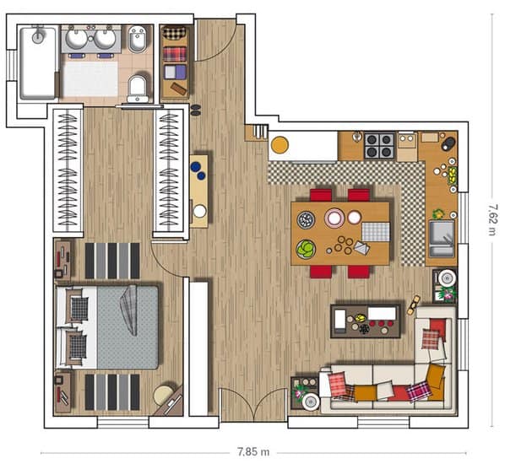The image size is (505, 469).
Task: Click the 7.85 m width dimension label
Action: click(x=253, y=451)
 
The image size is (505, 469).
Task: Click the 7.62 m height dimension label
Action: click(x=493, y=219)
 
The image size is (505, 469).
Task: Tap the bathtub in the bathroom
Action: click(x=38, y=63)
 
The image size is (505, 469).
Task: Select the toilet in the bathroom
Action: click(x=138, y=89)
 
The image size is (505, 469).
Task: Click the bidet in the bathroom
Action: click(x=138, y=40)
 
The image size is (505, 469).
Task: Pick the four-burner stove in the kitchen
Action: click(x=379, y=145)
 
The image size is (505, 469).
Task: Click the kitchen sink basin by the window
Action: click(x=442, y=239)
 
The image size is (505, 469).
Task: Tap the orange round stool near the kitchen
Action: click(x=280, y=145)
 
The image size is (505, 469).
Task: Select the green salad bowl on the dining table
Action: click(x=306, y=249)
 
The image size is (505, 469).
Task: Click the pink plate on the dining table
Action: click(x=334, y=218)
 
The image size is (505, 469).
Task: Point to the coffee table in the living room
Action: click(x=366, y=321)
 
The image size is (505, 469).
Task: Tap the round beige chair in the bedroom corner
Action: click(x=164, y=395)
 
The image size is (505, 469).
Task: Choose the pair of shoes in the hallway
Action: click(x=195, y=110)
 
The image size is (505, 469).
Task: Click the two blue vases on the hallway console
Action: click(x=198, y=170)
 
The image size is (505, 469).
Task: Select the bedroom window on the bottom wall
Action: click(x=123, y=422)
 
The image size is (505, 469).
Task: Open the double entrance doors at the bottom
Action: click(x=253, y=404)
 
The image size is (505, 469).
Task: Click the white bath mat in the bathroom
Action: click(x=90, y=78)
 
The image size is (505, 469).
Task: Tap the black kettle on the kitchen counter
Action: click(x=448, y=143)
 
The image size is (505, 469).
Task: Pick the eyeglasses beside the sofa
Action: click(x=414, y=305)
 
